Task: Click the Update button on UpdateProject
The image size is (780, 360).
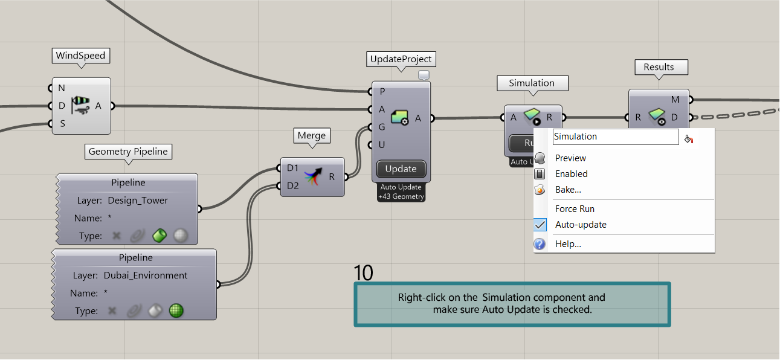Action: [401, 169]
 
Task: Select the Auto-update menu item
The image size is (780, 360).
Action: [581, 225]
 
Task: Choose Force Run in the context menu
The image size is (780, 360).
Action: [575, 209]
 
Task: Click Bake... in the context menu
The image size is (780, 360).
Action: [568, 190]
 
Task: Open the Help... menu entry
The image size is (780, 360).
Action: [568, 244]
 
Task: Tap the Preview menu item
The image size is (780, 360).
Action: [570, 158]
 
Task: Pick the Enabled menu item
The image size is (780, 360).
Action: [571, 174]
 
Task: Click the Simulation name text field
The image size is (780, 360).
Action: [616, 137]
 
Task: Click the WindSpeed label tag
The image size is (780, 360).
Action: [81, 56]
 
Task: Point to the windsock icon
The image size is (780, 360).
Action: [81, 105]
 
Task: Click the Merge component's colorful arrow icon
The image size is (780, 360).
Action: [313, 176]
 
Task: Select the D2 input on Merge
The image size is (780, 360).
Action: [292, 186]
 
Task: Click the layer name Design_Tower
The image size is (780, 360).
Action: [138, 200]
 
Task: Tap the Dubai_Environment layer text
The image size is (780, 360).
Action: [145, 275]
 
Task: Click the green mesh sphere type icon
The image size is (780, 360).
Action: [176, 310]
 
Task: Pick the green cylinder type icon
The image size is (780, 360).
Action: [160, 236]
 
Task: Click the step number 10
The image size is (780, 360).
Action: [363, 272]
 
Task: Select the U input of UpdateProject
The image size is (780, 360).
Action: [382, 144]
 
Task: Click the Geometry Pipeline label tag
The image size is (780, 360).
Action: [128, 152]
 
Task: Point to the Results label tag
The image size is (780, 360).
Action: [659, 67]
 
